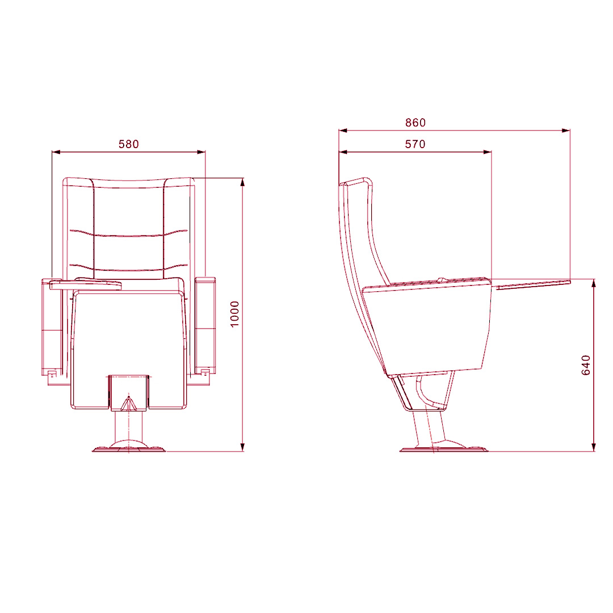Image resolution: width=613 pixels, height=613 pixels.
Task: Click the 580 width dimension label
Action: coord(129,144)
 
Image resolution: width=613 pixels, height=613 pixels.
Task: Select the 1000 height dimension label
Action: coord(234,314)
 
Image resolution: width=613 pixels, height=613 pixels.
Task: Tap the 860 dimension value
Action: coord(415,123)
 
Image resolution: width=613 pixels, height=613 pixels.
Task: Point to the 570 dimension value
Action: coord(415,144)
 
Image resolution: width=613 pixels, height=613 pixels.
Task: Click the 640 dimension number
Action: coord(586,365)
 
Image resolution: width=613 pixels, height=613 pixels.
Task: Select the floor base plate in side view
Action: coord(444,448)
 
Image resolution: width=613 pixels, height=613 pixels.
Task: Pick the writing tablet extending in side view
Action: coord(532,284)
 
